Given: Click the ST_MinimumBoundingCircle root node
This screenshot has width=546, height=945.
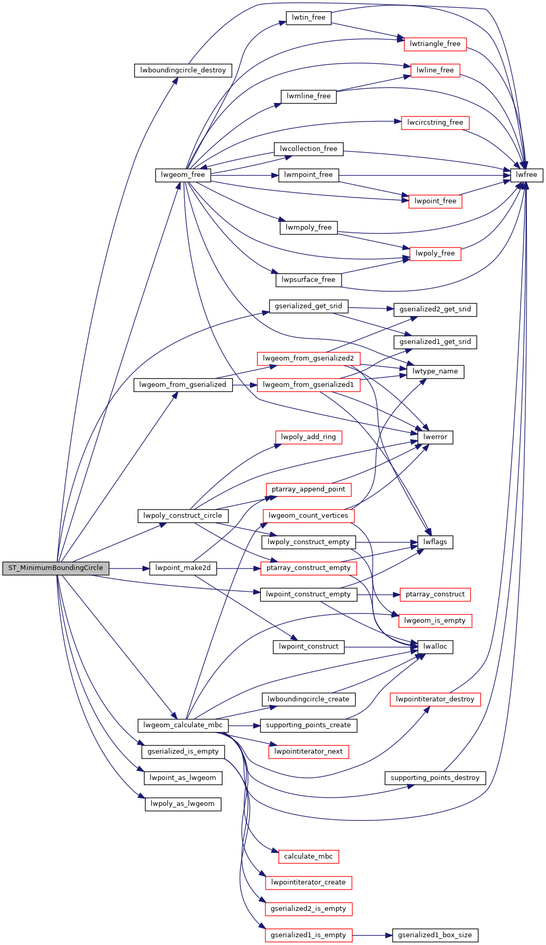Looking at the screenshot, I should tap(56, 568).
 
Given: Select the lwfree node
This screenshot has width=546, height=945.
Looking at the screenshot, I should tap(527, 175).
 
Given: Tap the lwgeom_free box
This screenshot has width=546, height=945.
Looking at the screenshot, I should tap(183, 175).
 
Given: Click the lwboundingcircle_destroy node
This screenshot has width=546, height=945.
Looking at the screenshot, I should tap(183, 70).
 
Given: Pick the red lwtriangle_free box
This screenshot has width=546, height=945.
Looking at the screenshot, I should tap(435, 44).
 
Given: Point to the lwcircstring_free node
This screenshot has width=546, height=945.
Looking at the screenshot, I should tap(435, 123).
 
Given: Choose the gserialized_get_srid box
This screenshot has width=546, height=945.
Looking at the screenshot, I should tap(308, 306).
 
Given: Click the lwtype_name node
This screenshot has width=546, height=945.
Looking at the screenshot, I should tap(435, 371).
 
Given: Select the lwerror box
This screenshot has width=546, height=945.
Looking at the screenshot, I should tap(435, 437).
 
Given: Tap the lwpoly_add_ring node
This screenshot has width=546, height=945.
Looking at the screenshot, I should tap(308, 437).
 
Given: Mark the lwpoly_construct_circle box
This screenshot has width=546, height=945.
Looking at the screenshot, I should tap(183, 516).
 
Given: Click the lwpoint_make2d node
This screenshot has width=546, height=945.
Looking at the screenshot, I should tap(183, 568).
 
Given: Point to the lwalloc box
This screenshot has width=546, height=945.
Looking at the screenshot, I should tap(435, 647).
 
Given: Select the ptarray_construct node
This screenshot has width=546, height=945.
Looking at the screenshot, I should tap(435, 594).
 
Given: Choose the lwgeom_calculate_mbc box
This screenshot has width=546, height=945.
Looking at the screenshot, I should tap(183, 725).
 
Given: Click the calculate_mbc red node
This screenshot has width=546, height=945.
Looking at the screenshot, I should tap(308, 857).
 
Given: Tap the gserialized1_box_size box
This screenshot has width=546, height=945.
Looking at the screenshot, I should tap(435, 935).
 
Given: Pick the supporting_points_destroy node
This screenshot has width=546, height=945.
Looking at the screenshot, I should tap(435, 778).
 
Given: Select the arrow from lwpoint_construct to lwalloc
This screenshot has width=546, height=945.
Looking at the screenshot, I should tap(380, 647).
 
